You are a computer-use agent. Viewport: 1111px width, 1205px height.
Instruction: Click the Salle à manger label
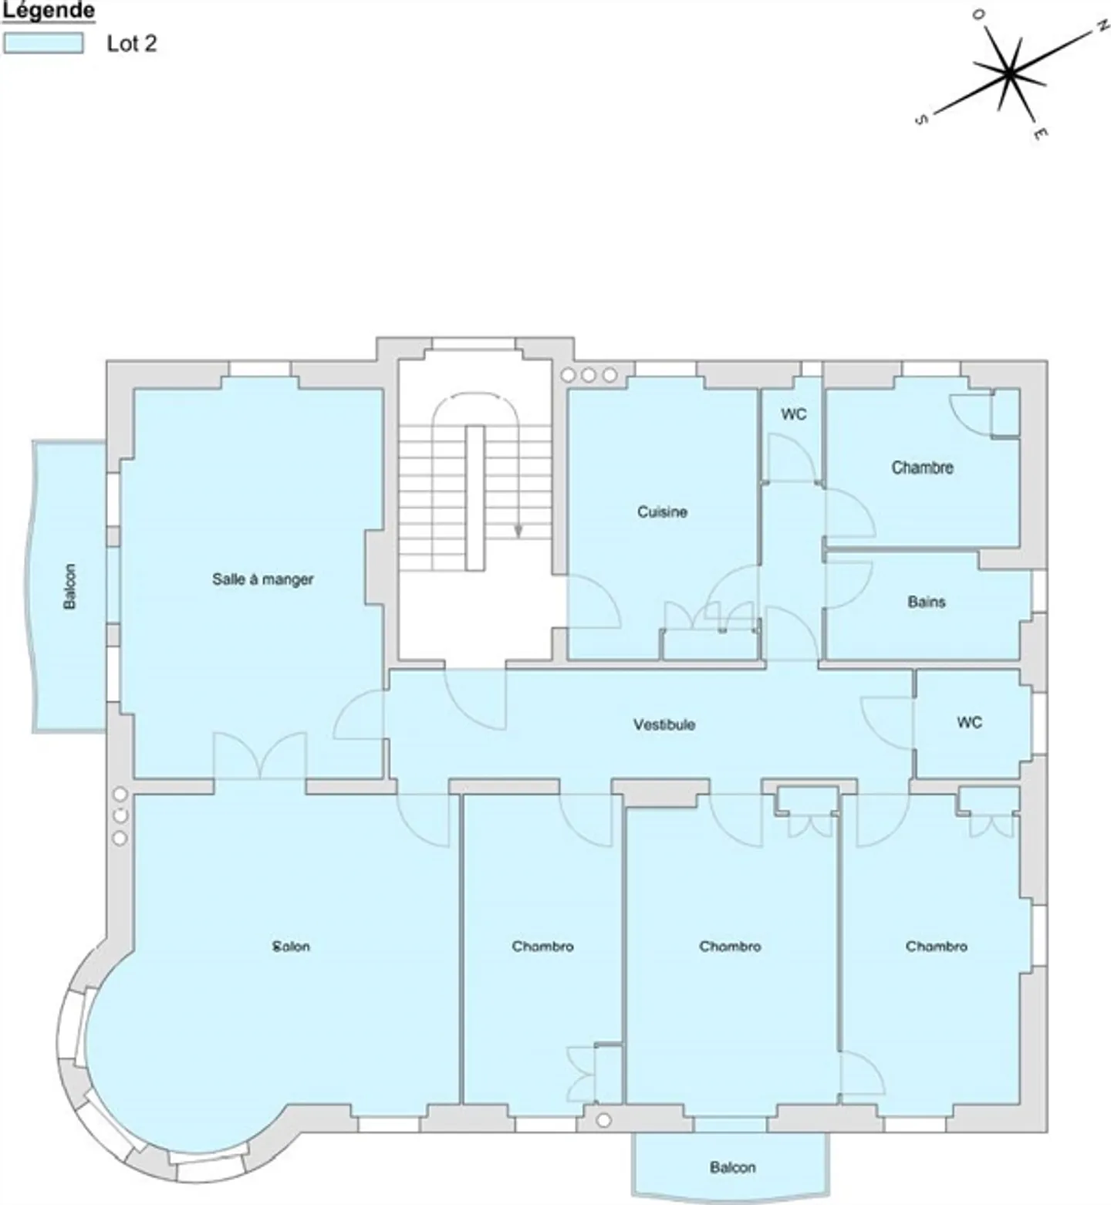(x=263, y=579)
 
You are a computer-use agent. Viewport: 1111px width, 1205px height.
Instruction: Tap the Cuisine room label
(x=662, y=511)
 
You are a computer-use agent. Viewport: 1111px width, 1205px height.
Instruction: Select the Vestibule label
(x=664, y=724)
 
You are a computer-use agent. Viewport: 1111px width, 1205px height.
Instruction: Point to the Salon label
(x=292, y=946)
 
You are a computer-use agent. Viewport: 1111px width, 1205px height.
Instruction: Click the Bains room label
(x=927, y=602)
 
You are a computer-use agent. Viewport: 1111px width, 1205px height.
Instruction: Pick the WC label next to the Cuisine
(x=794, y=414)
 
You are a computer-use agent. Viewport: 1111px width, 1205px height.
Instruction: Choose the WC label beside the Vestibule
(x=970, y=722)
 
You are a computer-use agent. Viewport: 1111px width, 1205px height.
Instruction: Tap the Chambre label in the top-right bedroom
(x=923, y=467)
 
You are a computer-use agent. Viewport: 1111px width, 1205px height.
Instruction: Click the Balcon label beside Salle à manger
(x=70, y=586)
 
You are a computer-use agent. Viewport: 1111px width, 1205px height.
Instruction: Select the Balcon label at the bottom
(x=733, y=1167)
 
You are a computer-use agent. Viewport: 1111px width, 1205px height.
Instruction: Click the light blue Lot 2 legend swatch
(x=43, y=43)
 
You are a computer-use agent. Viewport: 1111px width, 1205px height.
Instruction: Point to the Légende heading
(x=49, y=12)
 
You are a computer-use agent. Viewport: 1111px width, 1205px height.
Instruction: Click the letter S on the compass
(x=920, y=120)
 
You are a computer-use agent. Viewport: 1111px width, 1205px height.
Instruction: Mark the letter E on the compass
(x=1040, y=133)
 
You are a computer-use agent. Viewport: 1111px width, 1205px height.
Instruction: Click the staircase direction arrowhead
(x=518, y=531)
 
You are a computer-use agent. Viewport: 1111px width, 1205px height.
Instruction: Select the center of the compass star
(x=1008, y=73)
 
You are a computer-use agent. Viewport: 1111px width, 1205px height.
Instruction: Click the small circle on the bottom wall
(x=604, y=1119)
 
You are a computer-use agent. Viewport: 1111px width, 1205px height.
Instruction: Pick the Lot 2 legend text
(x=132, y=43)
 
